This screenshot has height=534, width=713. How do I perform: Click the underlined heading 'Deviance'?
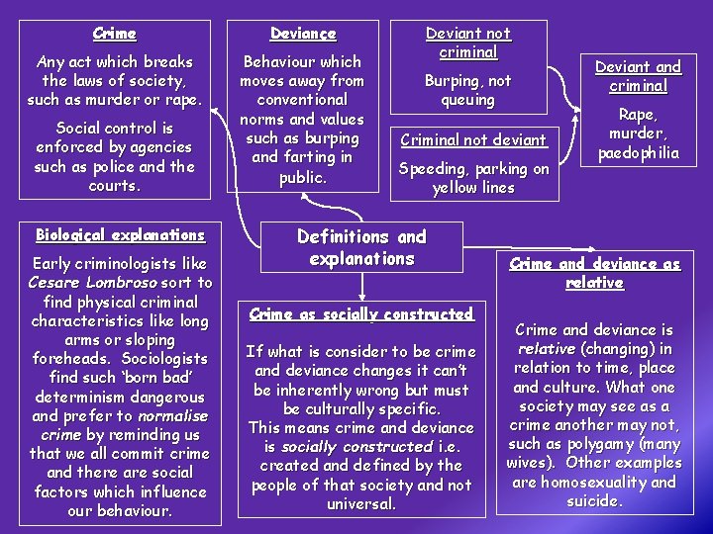tap(303, 34)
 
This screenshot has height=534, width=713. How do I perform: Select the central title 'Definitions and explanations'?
tap(361, 247)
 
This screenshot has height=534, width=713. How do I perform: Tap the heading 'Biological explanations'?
tap(120, 235)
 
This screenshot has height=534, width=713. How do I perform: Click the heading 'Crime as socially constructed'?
tap(361, 313)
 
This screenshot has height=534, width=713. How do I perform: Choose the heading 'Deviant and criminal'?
tap(638, 76)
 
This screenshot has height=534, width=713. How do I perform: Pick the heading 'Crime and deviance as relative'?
tap(594, 273)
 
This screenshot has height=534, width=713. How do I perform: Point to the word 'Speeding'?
tap(431, 169)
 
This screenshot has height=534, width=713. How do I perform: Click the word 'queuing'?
tap(467, 100)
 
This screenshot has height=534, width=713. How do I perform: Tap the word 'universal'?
tap(360, 503)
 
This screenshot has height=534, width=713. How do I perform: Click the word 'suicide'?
tap(593, 501)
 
